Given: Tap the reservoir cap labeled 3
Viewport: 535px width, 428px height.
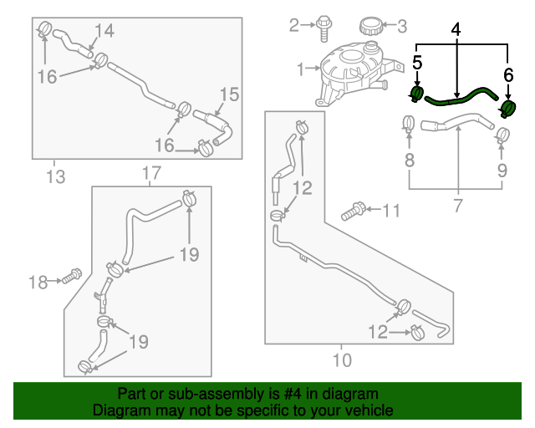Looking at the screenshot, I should pyautogui.click(x=369, y=26).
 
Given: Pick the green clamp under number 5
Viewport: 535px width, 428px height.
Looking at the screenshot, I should pyautogui.click(x=418, y=92).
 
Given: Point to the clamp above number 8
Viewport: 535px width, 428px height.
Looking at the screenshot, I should pyautogui.click(x=409, y=124).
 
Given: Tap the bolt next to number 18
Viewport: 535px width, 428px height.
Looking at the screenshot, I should pyautogui.click(x=70, y=275).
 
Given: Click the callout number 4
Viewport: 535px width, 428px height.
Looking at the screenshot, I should pyautogui.click(x=456, y=29).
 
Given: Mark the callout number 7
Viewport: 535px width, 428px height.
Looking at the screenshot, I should pyautogui.click(x=457, y=205).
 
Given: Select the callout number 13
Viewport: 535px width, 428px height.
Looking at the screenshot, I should pyautogui.click(x=55, y=176).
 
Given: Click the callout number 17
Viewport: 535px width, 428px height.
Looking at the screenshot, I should pyautogui.click(x=150, y=174).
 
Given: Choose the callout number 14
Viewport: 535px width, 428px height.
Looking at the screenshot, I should pyautogui.click(x=103, y=32).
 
